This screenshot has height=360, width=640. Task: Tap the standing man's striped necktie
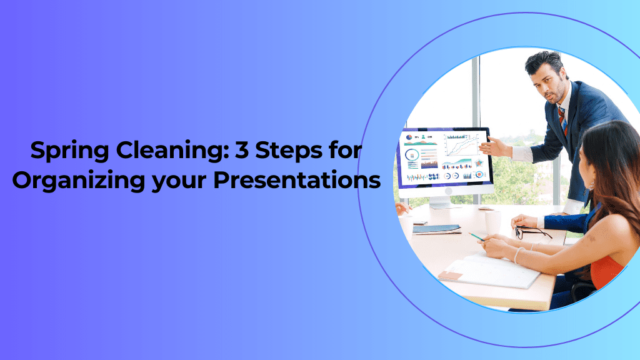tap(562, 119)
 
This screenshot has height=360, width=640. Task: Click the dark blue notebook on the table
tap(436, 229)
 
